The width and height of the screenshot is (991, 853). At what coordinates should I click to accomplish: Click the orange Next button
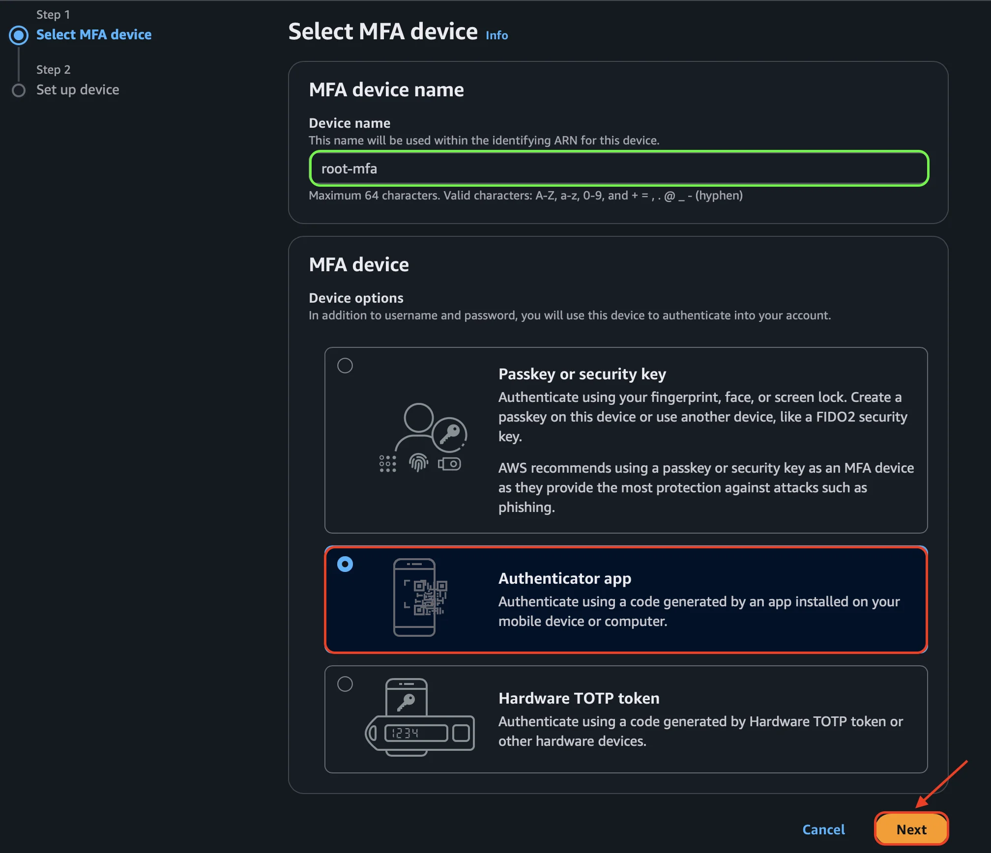[911, 829]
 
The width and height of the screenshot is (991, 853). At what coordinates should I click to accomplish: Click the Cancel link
[823, 829]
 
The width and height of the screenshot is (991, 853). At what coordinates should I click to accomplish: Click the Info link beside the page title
[496, 35]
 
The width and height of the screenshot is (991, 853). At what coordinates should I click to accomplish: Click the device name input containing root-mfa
[618, 169]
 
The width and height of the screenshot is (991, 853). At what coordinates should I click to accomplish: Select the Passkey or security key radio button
[345, 366]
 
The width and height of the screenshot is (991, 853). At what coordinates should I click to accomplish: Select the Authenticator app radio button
[345, 564]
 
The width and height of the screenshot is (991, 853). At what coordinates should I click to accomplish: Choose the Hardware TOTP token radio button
[345, 684]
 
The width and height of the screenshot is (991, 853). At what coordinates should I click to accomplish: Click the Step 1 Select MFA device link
[93, 34]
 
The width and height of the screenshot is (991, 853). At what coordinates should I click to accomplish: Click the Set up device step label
[78, 89]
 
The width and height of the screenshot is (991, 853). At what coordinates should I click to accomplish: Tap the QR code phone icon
[420, 597]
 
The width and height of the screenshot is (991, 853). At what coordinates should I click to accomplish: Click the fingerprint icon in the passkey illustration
[418, 462]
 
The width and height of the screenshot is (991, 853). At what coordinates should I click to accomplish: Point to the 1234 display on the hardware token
[415, 733]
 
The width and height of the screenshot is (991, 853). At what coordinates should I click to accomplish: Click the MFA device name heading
[386, 90]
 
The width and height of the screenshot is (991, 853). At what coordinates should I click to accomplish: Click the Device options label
[356, 298]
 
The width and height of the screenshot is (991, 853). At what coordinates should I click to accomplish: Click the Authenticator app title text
[565, 578]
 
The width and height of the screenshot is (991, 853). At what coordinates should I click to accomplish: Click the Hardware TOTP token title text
[579, 698]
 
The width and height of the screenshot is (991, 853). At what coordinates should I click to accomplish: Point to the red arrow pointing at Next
[941, 784]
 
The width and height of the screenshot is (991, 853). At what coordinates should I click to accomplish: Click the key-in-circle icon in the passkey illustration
[449, 434]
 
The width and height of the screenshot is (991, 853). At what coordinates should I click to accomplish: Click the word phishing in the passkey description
[525, 507]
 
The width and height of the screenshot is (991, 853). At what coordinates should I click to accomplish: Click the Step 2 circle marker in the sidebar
[19, 90]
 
